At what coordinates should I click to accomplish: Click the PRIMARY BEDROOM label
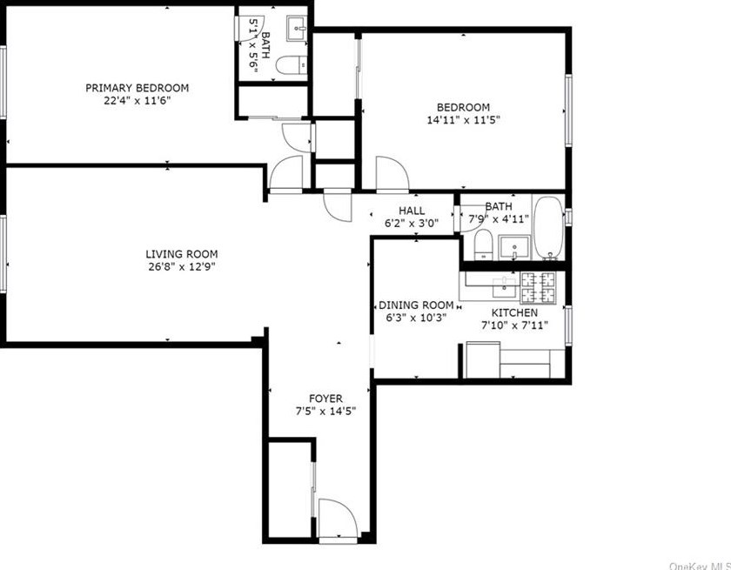[x=137, y=88]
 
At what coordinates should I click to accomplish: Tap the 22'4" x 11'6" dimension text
[x=137, y=100]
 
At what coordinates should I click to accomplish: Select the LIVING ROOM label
[x=181, y=254]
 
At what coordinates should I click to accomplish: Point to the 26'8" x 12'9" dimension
[x=181, y=267]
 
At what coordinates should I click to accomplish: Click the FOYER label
[x=325, y=399]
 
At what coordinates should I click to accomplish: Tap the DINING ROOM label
[x=416, y=305]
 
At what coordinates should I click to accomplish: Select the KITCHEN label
[x=515, y=312]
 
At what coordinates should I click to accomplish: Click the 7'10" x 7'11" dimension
[x=515, y=325]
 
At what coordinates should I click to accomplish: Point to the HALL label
[x=412, y=211]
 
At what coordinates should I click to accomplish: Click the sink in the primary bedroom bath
[x=299, y=30]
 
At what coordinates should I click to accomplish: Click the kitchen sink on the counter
[x=503, y=283]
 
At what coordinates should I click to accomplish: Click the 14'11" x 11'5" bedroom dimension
[x=463, y=120]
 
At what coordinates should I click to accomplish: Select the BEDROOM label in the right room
[x=463, y=108]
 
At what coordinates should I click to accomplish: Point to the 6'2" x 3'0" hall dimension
[x=412, y=223]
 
